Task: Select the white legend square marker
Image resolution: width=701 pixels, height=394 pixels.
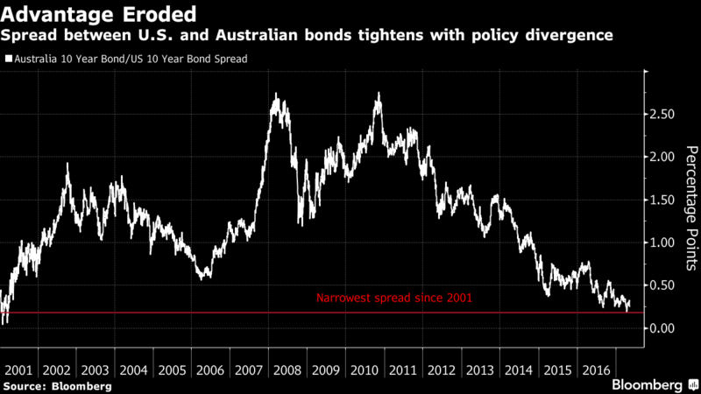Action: click(x=8, y=60)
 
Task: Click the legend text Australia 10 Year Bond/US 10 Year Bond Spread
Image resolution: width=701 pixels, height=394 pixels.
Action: click(x=129, y=60)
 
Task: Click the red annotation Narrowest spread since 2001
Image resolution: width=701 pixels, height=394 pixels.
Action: click(x=393, y=299)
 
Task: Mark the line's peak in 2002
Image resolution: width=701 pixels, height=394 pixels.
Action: click(x=67, y=165)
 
